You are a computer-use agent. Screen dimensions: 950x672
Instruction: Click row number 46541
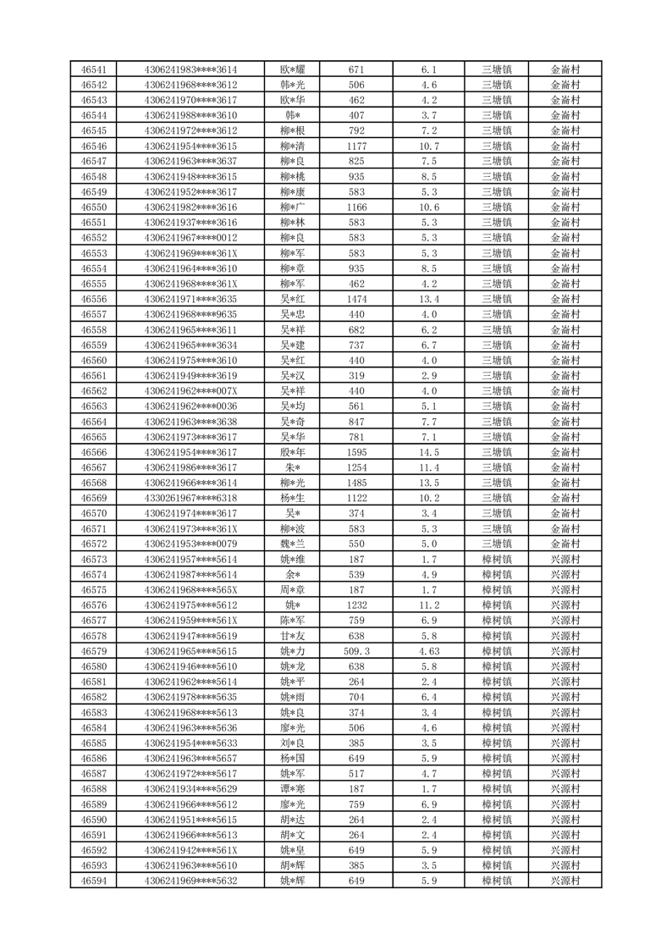[x=93, y=69]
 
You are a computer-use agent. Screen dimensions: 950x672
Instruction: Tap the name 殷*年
[x=293, y=452]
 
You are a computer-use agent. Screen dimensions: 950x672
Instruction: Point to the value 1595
[x=356, y=452]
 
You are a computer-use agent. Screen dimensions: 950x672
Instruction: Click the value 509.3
[x=356, y=651]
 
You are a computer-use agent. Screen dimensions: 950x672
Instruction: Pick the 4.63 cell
[x=428, y=651]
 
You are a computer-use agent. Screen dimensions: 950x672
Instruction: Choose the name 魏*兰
[x=293, y=544]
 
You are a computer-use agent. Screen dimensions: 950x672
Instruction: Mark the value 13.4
[x=428, y=299]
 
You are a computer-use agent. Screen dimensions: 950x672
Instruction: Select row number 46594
[x=93, y=881]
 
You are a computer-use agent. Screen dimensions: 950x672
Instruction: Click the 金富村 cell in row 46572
[x=565, y=544]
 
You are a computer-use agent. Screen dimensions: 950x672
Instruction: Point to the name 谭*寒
[x=293, y=789]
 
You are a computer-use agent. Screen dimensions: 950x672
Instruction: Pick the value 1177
[x=356, y=146]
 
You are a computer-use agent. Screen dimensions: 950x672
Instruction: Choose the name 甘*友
[x=293, y=636]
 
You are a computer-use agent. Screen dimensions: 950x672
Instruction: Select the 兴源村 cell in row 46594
[x=565, y=881]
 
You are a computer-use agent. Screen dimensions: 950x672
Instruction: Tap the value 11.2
[x=428, y=605]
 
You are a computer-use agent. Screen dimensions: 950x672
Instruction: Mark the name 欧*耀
[x=293, y=69]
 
